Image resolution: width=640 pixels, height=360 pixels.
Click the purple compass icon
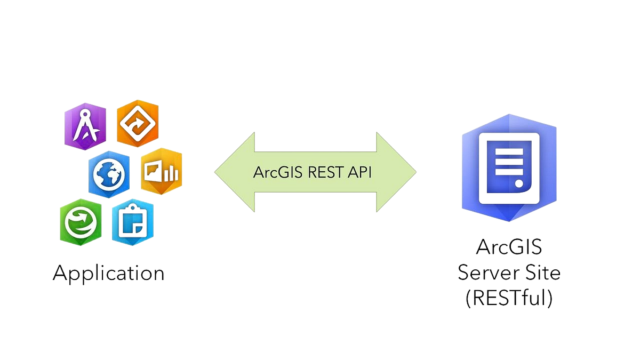[x=85, y=126]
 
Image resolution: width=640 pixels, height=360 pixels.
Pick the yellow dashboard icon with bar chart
[x=161, y=171]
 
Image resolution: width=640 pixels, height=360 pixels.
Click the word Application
[x=108, y=273]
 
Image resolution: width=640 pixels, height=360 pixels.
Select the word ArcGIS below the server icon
[x=508, y=247]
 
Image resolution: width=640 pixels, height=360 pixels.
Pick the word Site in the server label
[x=542, y=273]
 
